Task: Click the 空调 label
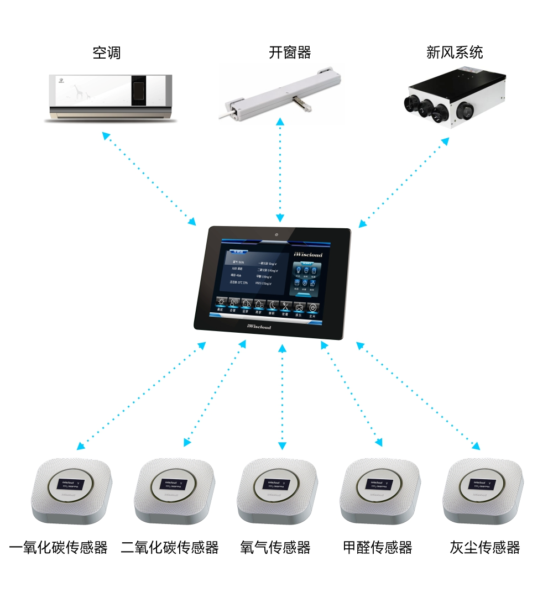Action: click(x=107, y=53)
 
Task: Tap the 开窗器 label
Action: click(x=290, y=53)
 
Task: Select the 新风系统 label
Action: click(x=455, y=53)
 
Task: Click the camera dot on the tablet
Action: click(x=275, y=234)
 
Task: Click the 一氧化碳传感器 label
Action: click(x=59, y=548)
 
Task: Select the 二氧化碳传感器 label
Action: click(x=170, y=548)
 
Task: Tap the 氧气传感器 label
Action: click(x=275, y=548)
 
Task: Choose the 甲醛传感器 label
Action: click(x=378, y=548)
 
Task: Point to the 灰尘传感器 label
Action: click(x=485, y=548)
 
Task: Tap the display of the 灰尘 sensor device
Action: click(x=483, y=484)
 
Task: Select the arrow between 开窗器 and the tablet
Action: click(x=280, y=169)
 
